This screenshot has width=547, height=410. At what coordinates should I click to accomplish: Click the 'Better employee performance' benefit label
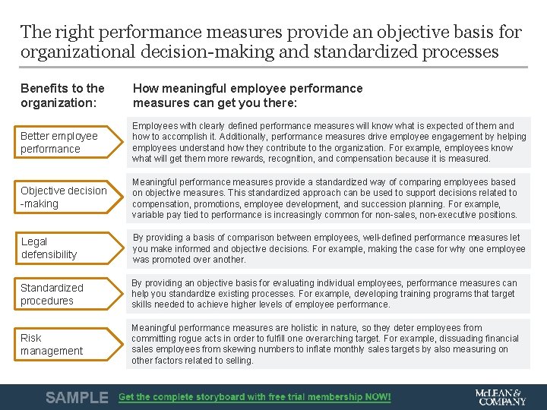pyautogui.click(x=59, y=142)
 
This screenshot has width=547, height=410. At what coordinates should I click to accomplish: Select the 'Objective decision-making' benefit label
pyautogui.click(x=64, y=197)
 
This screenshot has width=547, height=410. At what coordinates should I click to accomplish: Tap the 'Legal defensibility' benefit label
pyautogui.click(x=49, y=248)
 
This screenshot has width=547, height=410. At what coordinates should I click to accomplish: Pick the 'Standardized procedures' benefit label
pyautogui.click(x=52, y=294)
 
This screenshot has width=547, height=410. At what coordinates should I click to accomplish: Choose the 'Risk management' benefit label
pyautogui.click(x=52, y=344)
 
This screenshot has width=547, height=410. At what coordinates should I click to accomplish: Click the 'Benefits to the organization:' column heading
pyautogui.click(x=62, y=95)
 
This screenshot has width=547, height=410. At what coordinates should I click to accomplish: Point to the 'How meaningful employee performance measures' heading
pyautogui.click(x=248, y=95)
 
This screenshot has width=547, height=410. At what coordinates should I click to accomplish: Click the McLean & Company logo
pyautogui.click(x=500, y=397)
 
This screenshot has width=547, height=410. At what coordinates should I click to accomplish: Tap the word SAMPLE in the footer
pyautogui.click(x=77, y=397)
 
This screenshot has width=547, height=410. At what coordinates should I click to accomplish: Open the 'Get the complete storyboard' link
pyautogui.click(x=255, y=397)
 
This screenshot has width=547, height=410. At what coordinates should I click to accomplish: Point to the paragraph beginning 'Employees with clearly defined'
pyautogui.click(x=328, y=142)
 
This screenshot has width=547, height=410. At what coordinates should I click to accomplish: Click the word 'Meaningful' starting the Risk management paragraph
pyautogui.click(x=154, y=328)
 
